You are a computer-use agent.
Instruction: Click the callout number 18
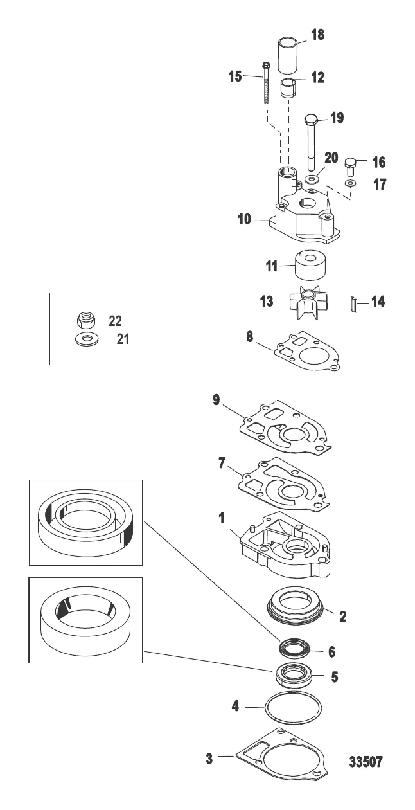click(317, 35)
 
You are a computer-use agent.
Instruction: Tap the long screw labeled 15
click(266, 82)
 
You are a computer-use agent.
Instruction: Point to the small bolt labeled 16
click(350, 166)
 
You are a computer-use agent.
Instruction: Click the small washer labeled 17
click(350, 183)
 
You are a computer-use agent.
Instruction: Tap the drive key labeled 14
click(354, 303)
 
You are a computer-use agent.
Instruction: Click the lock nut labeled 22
click(85, 319)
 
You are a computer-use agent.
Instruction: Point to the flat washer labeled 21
click(85, 339)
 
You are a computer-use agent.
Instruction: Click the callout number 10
click(244, 219)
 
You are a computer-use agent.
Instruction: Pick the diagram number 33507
click(366, 762)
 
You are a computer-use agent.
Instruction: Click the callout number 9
click(216, 401)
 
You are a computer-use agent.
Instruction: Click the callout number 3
click(209, 759)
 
